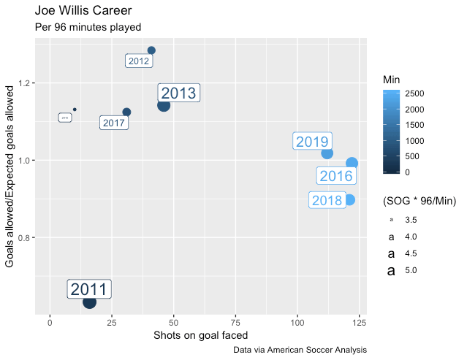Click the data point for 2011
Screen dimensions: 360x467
point(89,302)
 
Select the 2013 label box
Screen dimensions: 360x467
point(178,93)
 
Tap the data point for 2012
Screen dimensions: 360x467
point(151,50)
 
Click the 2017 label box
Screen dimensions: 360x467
point(114,123)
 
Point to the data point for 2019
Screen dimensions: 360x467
point(327,153)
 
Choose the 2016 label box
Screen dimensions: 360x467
point(336,176)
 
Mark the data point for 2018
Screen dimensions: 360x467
point(349,199)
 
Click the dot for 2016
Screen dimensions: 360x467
point(352,163)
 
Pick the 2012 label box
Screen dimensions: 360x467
point(138,61)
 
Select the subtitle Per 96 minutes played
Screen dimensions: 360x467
point(88,27)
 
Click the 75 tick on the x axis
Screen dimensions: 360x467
point(235,322)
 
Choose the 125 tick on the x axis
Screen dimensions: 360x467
point(359,322)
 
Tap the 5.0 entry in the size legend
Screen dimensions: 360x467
point(411,271)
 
